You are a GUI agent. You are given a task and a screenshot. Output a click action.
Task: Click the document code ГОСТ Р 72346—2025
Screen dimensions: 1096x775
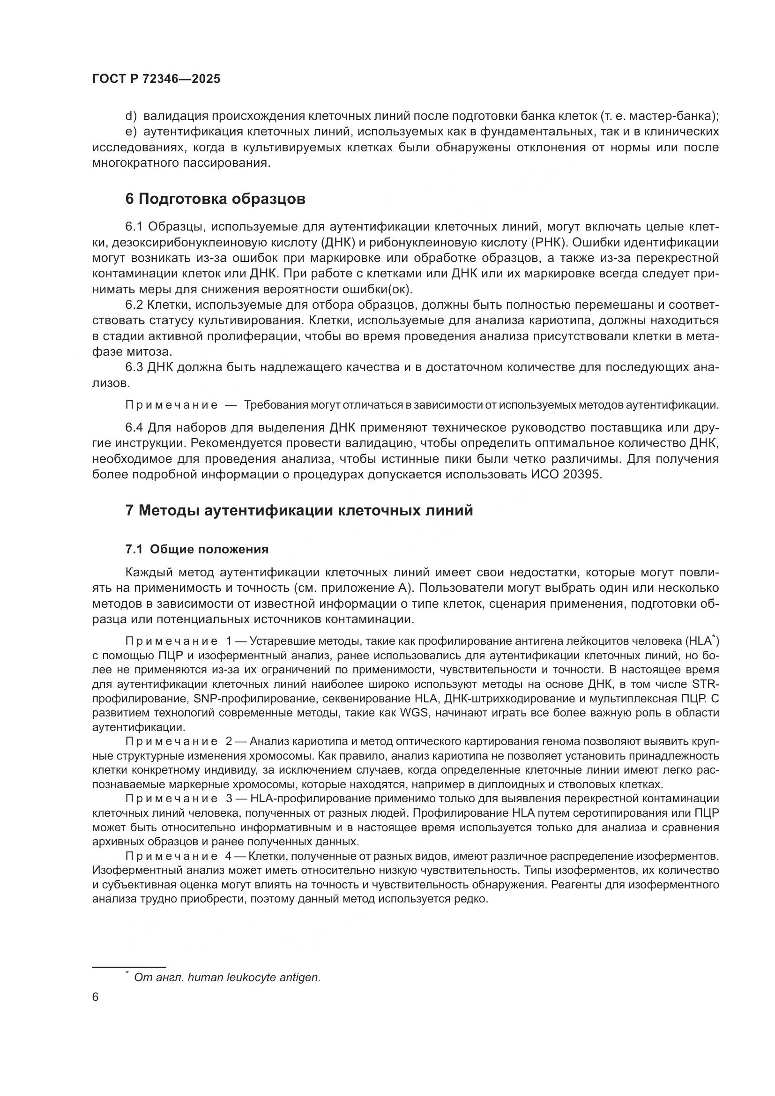[x=156, y=79]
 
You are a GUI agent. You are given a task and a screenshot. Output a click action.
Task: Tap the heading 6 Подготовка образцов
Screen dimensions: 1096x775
[x=215, y=199]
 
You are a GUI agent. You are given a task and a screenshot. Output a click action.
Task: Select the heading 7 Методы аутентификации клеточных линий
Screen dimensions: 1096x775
[x=299, y=510]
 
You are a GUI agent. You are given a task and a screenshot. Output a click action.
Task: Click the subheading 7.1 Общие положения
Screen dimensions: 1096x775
[x=197, y=549]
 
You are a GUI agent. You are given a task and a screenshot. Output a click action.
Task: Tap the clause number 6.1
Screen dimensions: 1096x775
[x=134, y=227]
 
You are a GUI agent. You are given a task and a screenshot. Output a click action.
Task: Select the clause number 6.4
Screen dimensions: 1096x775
[x=134, y=427]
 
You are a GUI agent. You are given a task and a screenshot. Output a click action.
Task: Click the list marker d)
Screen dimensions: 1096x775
[x=131, y=116]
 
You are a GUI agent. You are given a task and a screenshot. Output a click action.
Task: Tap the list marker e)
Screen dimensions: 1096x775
[x=131, y=132]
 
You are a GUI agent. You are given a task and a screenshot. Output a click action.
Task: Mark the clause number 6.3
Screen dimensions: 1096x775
[x=134, y=367]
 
